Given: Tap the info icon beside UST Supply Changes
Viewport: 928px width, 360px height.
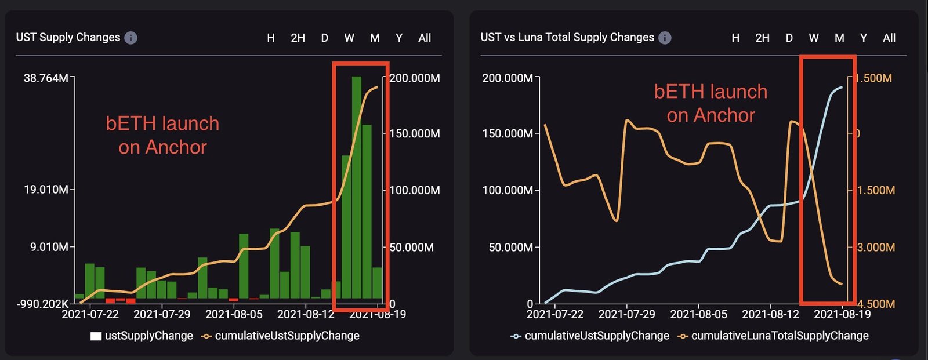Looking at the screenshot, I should [x=131, y=38].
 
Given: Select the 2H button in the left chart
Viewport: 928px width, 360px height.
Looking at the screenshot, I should [x=298, y=38].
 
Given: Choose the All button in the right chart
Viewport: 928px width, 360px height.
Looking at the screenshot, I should [x=889, y=38].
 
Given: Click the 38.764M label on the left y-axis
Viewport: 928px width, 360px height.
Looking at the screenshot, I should [x=45, y=78].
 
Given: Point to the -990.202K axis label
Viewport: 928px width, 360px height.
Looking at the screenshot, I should [x=42, y=303].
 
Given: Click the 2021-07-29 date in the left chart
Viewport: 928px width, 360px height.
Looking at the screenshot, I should [x=162, y=314].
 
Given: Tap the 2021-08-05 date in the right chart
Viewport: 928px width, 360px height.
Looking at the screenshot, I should [x=698, y=314].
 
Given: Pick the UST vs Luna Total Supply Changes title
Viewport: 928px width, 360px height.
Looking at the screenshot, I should [x=567, y=37].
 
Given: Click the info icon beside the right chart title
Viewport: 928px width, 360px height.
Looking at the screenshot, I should [x=665, y=38].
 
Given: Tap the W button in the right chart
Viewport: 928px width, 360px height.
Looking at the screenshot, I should [x=814, y=38].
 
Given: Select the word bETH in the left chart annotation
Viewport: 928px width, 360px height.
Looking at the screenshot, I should [x=130, y=123].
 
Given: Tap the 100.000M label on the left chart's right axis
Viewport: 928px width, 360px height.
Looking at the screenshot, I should [x=414, y=190].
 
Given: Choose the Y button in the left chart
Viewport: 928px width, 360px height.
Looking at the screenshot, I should [x=399, y=38].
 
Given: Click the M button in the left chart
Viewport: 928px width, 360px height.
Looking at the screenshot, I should [x=375, y=38].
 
